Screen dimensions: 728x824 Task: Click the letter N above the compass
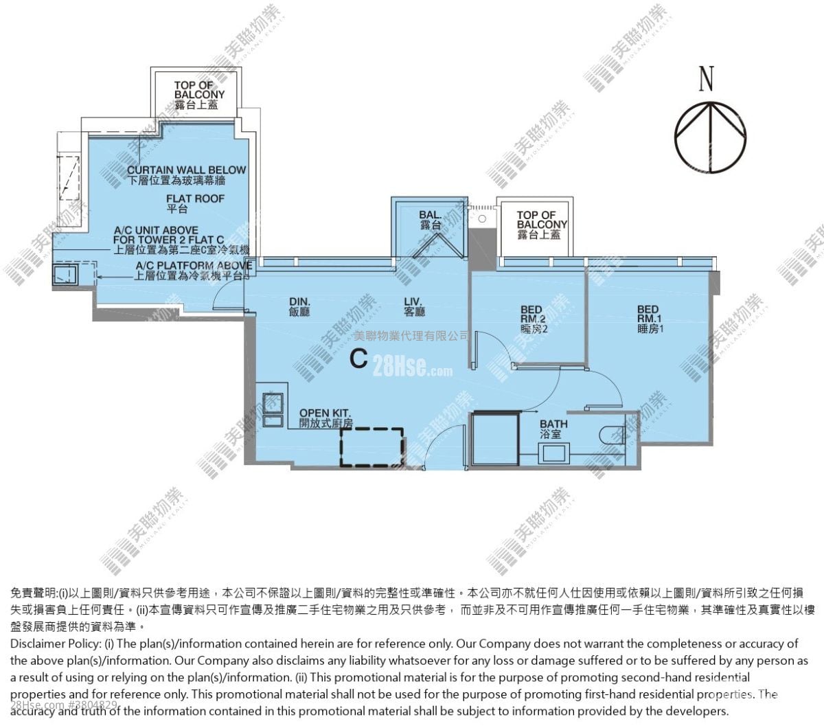[x=706, y=79]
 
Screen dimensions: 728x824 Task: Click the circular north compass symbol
[x=709, y=134]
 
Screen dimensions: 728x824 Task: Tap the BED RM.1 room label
[x=649, y=319]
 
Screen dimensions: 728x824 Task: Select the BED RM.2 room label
[x=533, y=319]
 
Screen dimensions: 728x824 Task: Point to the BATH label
[x=553, y=429]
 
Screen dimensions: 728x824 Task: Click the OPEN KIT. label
[x=325, y=418]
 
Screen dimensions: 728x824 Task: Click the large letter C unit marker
[x=358, y=359]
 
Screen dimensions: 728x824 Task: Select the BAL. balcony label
[x=430, y=220]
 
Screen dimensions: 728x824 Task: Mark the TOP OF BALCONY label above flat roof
[x=199, y=95]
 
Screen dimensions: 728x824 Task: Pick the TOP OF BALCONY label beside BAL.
[x=541, y=225]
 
